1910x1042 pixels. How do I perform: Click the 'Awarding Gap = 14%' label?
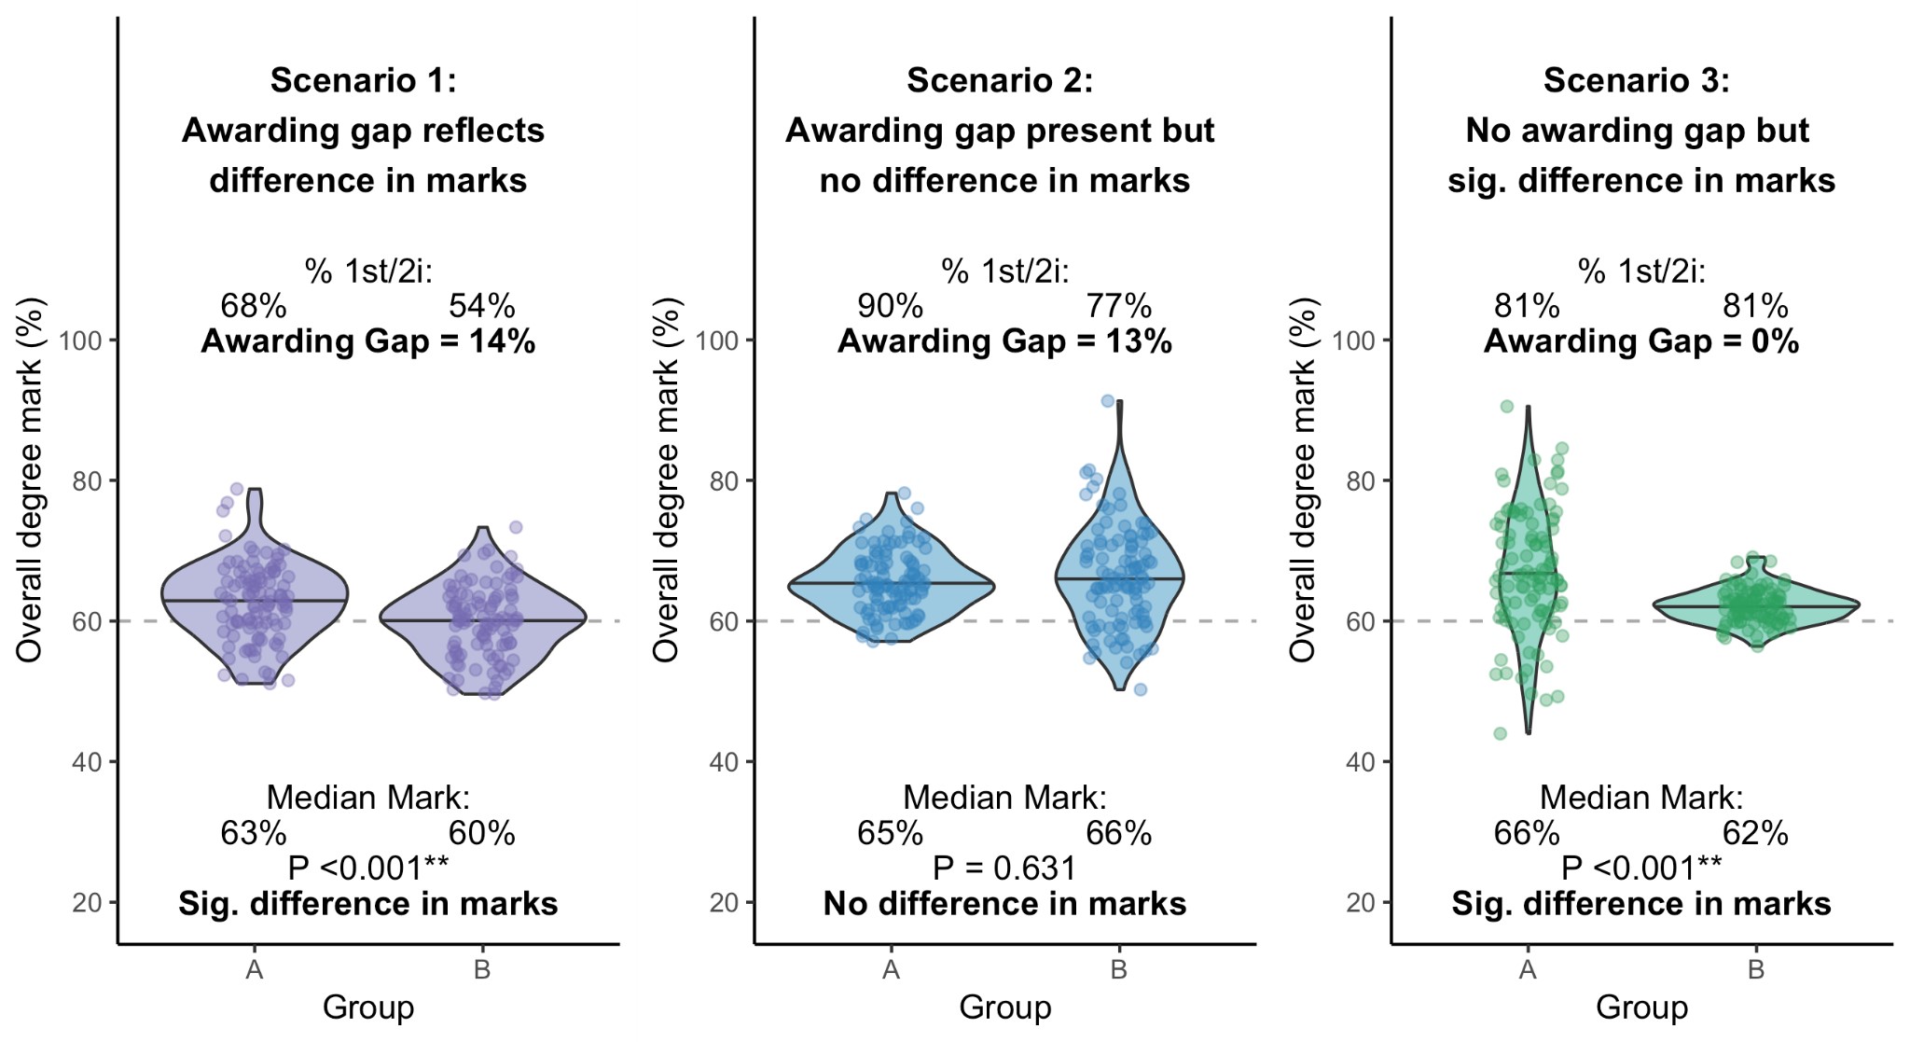coord(368,341)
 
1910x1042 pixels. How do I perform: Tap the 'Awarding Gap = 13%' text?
coord(1004,341)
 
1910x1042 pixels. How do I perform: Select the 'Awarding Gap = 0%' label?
coord(1641,341)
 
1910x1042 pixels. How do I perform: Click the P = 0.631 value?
coord(1004,868)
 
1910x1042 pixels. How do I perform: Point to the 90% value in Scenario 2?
coord(890,306)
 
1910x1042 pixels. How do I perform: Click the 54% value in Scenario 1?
coord(482,306)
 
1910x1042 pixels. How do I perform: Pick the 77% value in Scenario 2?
coord(1118,306)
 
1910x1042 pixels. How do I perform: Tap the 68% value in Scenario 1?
coord(254,306)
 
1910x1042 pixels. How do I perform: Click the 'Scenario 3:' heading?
coord(1637,80)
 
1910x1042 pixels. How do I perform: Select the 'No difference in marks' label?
coord(1004,904)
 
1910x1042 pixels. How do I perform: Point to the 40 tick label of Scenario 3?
coord(1362,762)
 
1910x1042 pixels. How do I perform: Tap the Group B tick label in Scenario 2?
coord(1118,970)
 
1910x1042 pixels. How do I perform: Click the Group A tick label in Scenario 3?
coord(1527,970)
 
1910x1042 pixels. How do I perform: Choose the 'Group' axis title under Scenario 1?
coord(368,1007)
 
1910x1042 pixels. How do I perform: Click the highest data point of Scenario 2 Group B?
coord(1108,401)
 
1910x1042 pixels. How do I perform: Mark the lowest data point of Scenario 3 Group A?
coord(1500,734)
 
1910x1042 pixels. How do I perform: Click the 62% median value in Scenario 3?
coord(1755,833)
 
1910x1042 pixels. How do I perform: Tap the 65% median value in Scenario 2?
coord(890,833)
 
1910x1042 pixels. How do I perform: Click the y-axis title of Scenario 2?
coord(666,479)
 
